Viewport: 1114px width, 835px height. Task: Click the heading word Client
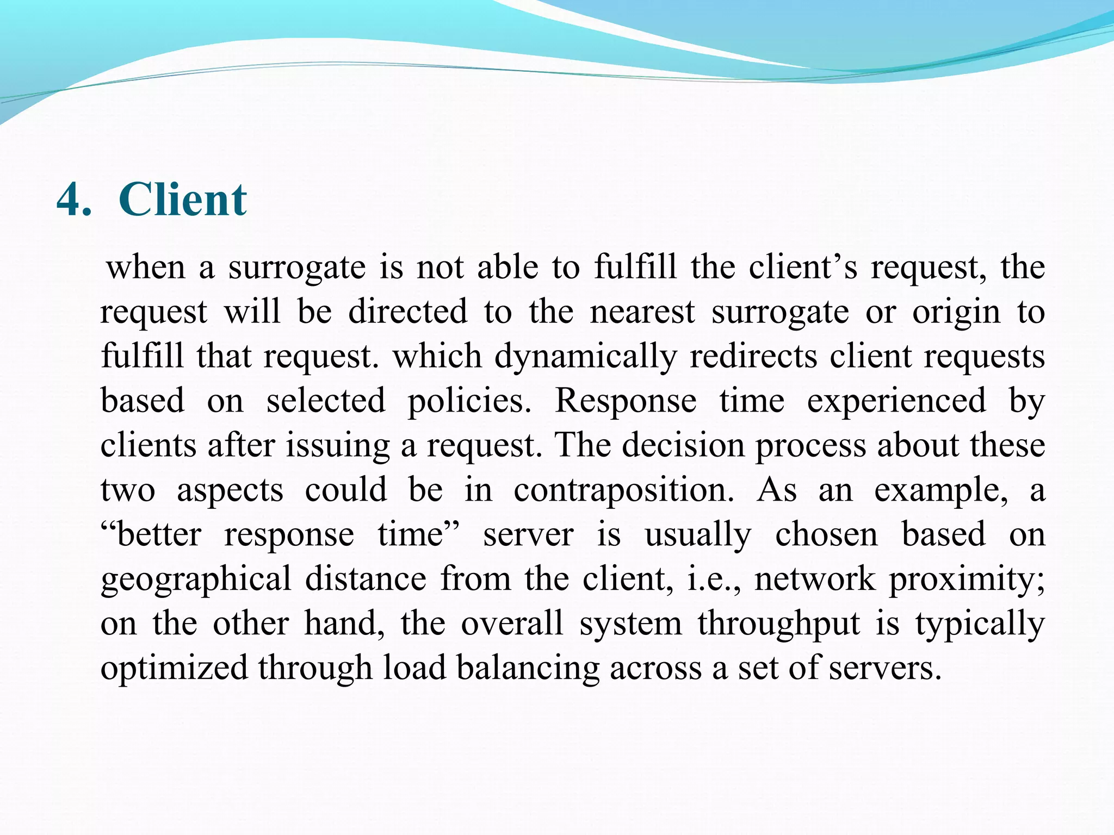[x=183, y=200]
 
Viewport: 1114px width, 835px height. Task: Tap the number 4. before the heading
[x=74, y=200]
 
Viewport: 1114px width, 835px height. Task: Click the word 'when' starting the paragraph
[x=146, y=267]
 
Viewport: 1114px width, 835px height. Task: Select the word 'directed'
[x=407, y=312]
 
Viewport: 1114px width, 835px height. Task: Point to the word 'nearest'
[x=642, y=312]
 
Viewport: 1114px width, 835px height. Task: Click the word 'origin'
[x=956, y=313]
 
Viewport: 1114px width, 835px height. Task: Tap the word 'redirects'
[x=753, y=357]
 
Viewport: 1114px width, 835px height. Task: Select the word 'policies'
[x=469, y=402]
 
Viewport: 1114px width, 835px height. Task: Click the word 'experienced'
[x=896, y=402]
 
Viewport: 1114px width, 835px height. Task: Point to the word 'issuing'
[x=338, y=446]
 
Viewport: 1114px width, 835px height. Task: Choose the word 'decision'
[x=683, y=446]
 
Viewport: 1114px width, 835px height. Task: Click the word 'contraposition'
[x=623, y=490]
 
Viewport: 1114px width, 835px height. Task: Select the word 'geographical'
[x=196, y=579]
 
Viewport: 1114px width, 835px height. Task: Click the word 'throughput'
[x=779, y=624]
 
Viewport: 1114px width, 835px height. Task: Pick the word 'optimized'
[x=174, y=668]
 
